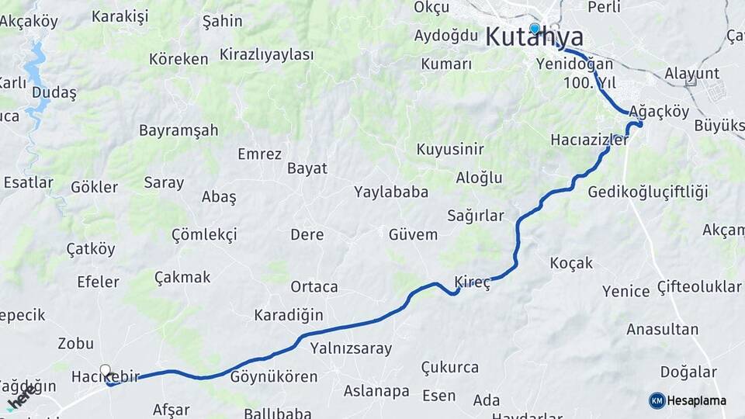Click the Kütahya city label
pos(535,37)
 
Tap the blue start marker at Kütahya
pos(535,29)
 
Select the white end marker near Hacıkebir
pos(106,371)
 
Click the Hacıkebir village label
pos(105,377)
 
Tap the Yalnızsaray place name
pos(351,348)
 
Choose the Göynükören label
pos(274,377)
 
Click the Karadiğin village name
pos(289,315)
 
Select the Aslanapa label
pos(376,391)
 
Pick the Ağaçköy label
pos(660,111)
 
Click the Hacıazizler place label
pos(589,140)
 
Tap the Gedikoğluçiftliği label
pos(648,192)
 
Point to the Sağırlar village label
pos(475,216)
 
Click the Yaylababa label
pos(391,192)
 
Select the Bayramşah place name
pos(178,130)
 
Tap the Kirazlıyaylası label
pos(267,54)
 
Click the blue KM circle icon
pos(657,400)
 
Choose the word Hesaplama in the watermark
pos(697,401)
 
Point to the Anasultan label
pos(663,329)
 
